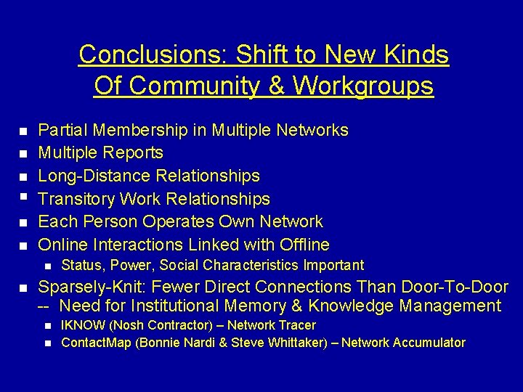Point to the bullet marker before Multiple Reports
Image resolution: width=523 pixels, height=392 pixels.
[x=23, y=154]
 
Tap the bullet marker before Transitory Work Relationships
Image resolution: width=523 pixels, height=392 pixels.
[x=23, y=196]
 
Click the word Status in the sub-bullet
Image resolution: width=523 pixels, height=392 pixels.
[x=79, y=266]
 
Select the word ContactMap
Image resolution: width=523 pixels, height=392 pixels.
[x=96, y=343]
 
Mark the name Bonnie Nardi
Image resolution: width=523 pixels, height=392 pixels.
[x=177, y=343]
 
